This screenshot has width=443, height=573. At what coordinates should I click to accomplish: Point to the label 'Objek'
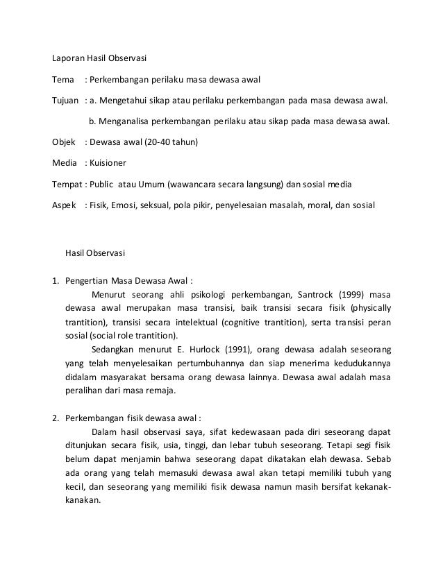(x=65, y=144)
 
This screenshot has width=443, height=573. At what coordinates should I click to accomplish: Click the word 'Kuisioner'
(x=108, y=165)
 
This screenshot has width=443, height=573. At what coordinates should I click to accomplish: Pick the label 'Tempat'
(x=67, y=185)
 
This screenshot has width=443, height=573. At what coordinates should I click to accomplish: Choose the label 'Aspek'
(x=65, y=206)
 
